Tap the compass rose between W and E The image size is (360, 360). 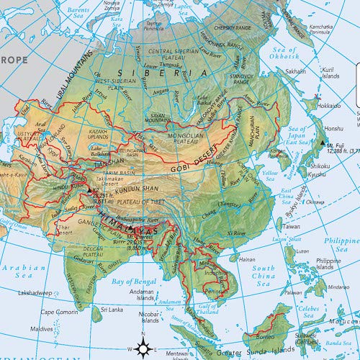pyautogui.click(x=143, y=348)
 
